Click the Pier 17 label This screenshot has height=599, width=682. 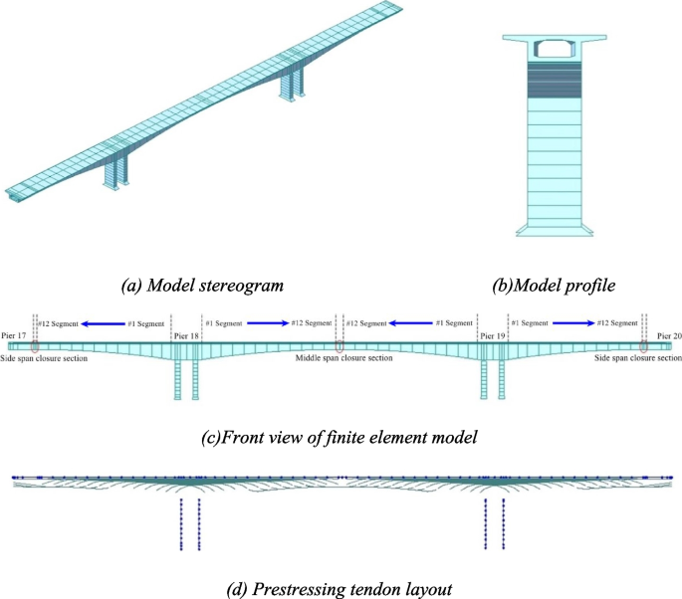14,337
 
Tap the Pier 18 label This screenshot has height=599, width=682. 186,337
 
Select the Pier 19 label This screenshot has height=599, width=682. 493,337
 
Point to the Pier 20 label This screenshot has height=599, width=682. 669,337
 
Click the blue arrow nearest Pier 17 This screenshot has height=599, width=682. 103,323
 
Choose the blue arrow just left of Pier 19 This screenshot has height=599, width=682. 411,323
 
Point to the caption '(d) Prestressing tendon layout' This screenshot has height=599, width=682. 338,588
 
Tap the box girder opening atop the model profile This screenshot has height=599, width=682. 550,47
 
